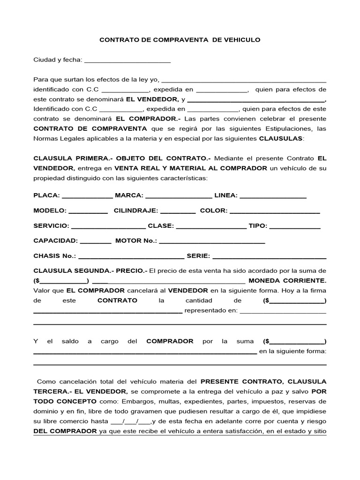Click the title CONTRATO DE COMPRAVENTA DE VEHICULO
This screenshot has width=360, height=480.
180,40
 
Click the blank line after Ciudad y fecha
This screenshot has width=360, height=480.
127,60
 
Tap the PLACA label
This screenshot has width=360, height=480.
46,195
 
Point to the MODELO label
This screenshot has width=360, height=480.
50,210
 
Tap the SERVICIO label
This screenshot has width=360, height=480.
52,226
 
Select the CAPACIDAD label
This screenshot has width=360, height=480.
55,241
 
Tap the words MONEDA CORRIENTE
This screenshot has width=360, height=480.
287,281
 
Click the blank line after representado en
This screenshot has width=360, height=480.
283,311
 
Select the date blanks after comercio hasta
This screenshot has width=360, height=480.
131,421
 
